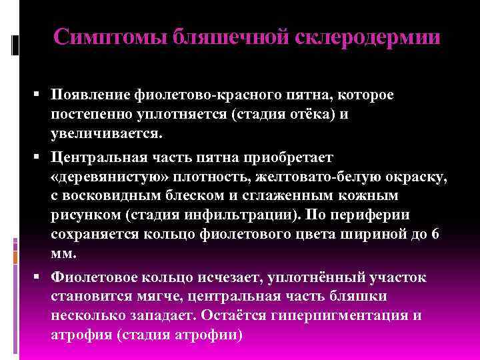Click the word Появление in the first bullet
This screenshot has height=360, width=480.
tap(90, 96)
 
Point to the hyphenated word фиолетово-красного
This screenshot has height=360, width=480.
tap(201, 96)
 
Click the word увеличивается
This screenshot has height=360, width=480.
tap(105, 134)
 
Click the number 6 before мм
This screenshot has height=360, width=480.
tap(435, 235)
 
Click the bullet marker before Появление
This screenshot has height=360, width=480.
tap(41, 96)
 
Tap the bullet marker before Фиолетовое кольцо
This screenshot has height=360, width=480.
tap(41, 277)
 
